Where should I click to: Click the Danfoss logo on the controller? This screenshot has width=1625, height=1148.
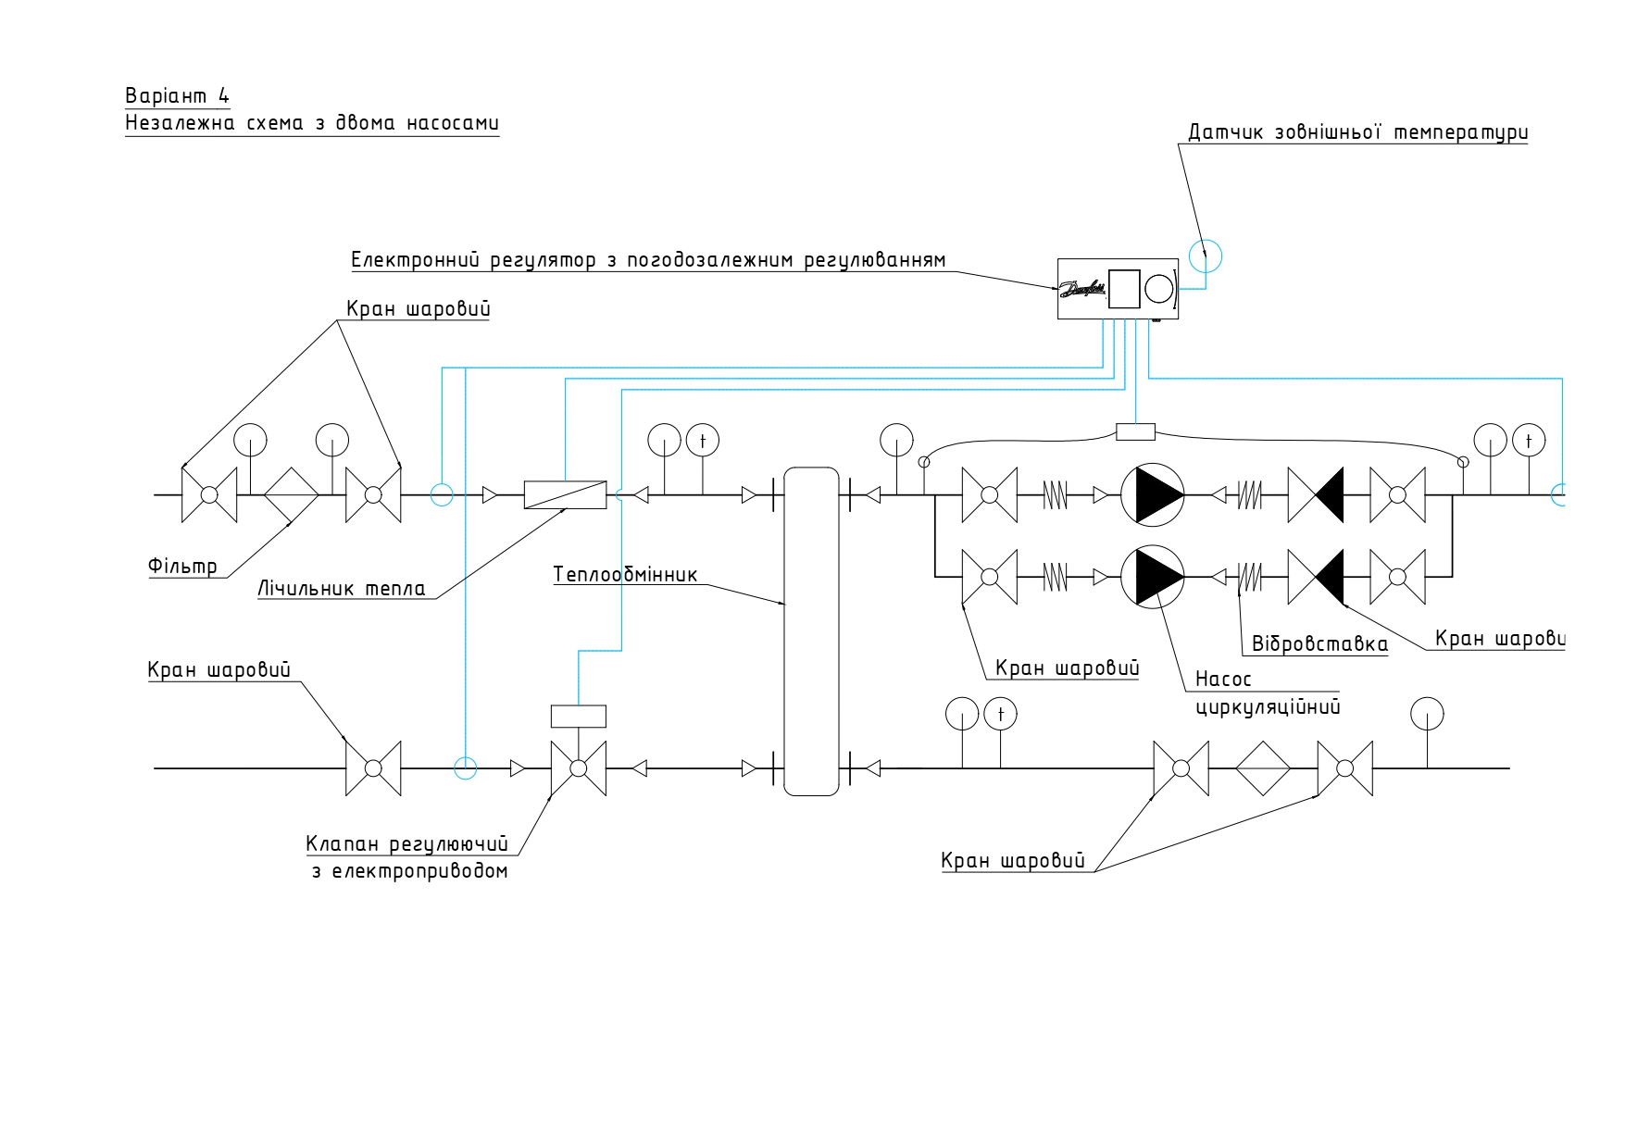coord(1082,290)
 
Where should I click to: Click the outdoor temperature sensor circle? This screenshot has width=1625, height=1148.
coord(1205,256)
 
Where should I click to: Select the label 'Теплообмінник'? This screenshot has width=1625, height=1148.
coord(625,574)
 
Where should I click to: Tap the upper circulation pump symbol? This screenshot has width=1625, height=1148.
coord(1153,495)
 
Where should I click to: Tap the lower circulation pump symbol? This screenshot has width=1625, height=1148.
coord(1153,577)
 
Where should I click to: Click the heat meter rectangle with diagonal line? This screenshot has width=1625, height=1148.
coord(565,495)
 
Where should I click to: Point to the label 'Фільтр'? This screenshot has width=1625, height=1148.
coord(183,566)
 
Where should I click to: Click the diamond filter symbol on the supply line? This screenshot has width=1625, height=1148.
coord(292,495)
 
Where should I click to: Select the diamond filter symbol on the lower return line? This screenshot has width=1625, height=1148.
coord(1263,768)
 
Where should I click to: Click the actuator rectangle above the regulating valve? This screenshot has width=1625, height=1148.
coord(579,717)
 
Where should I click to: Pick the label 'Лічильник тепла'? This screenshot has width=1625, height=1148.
coord(342,589)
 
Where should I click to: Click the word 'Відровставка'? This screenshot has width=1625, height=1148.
coord(1319,644)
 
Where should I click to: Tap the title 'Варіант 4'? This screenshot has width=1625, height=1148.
coord(177,95)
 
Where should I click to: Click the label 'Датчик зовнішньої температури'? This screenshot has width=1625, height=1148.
coord(1357,132)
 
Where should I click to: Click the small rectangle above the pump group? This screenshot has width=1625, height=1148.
coord(1135,431)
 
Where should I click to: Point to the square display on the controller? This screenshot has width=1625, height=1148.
coord(1124,289)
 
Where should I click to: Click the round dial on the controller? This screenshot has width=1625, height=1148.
coord(1159,289)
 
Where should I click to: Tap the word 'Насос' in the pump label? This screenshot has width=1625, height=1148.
coord(1223,680)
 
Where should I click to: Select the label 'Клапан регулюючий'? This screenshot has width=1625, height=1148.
coord(407,844)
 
